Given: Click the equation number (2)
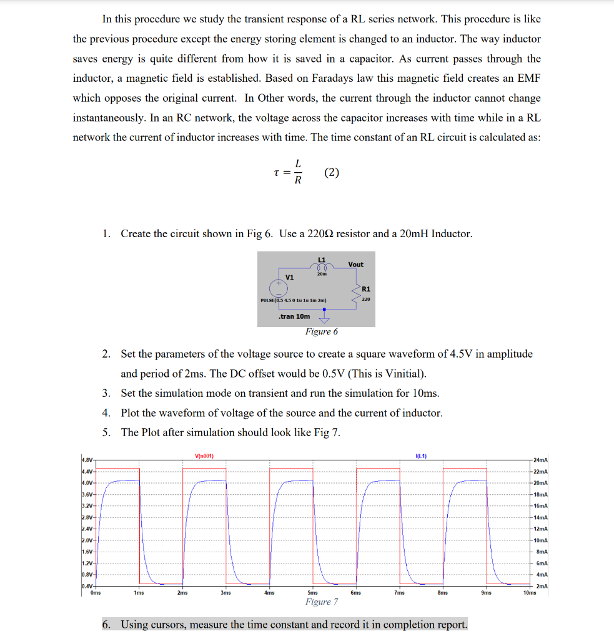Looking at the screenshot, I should [332, 173].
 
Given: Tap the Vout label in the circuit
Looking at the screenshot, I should [355, 265].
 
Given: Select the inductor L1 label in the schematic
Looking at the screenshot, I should [322, 259].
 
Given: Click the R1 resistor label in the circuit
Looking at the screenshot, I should [366, 289].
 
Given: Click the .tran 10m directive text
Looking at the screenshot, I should [294, 316].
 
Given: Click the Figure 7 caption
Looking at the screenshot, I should [322, 602].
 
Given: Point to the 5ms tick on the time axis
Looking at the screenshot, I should [312, 593].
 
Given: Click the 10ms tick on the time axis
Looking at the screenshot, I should [529, 593].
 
